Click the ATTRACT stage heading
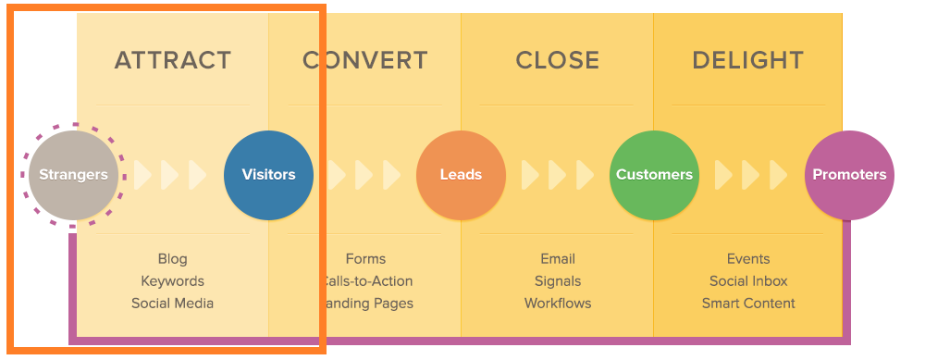point(172,61)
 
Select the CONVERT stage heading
point(365,61)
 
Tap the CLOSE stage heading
point(558,61)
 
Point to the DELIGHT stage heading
point(747,61)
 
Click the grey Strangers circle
point(73,174)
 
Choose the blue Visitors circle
point(268,174)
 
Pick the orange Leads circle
point(461,174)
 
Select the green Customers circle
point(654,174)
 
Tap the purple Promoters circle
point(849,174)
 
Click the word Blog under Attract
point(172,259)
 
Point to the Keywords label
point(172,281)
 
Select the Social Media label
point(172,304)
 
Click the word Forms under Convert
point(365,259)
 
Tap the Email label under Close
point(558,259)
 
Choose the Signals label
point(558,281)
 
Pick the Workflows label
point(558,304)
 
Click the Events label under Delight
point(748,259)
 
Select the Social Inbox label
point(748,281)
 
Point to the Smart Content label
point(748,304)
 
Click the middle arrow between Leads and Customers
point(558,174)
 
